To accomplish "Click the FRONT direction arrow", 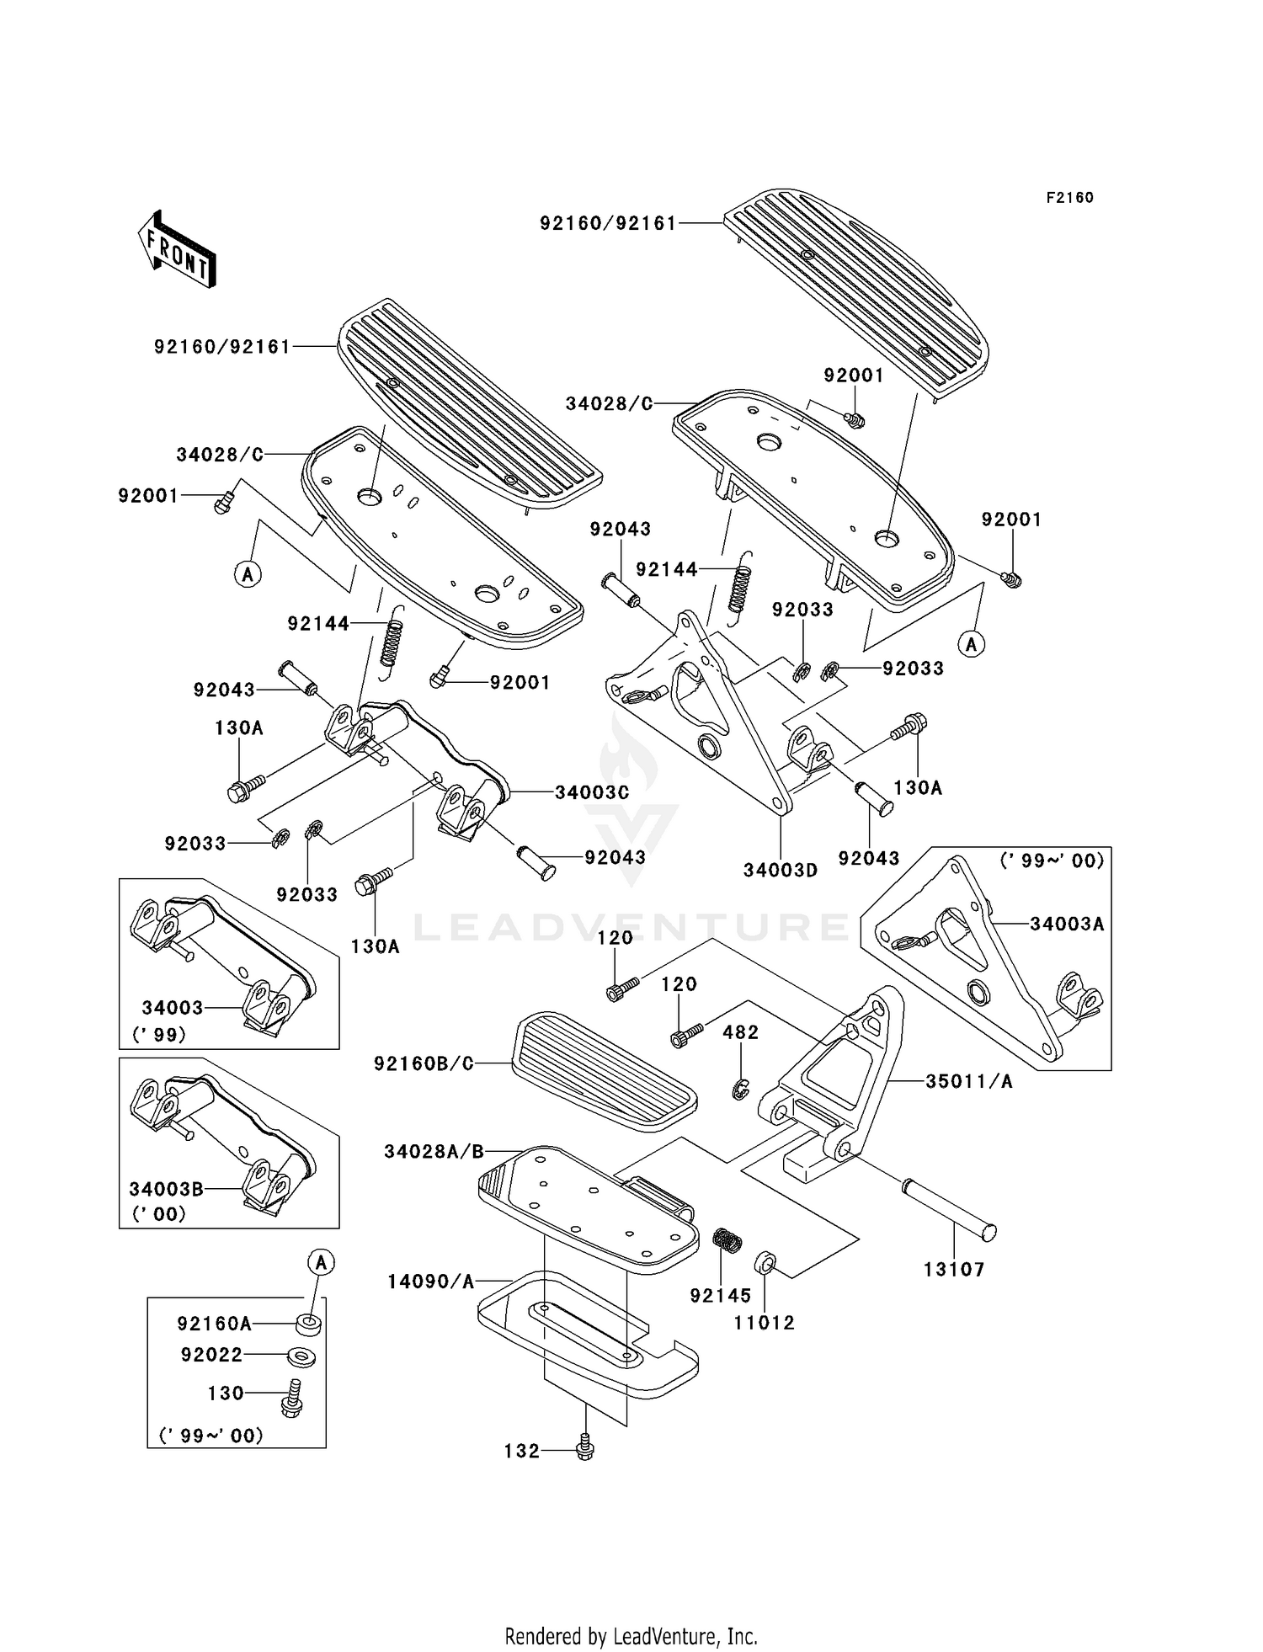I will [178, 248].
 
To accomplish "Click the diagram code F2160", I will [1069, 198].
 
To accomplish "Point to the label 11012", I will [764, 1323].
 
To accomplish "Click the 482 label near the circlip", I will [740, 1032].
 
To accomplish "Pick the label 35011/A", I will [969, 1082].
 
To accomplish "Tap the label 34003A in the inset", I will [1067, 924].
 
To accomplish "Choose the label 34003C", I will [592, 792].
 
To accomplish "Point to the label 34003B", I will [166, 1189].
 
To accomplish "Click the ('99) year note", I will [159, 1034].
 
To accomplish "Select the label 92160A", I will [214, 1324].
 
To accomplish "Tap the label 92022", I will [211, 1355].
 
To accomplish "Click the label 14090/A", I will [431, 1282].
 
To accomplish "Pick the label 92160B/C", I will [424, 1063].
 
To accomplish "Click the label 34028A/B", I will [434, 1151].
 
